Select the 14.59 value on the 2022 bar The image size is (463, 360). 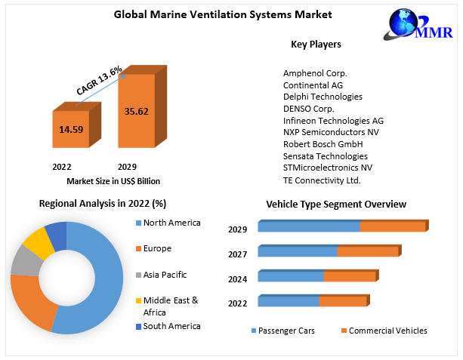(71, 130)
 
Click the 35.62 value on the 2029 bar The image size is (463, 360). (136, 111)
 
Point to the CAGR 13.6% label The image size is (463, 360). (99, 80)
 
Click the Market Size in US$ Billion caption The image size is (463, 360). (113, 181)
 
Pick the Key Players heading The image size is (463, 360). (316, 44)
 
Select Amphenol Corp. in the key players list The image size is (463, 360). (315, 73)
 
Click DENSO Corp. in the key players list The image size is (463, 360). (310, 109)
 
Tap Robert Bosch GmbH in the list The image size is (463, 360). (323, 144)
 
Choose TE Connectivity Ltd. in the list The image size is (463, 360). (322, 180)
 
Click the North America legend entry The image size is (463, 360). (172, 223)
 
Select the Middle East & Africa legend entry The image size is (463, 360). (171, 306)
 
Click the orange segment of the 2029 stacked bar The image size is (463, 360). (391, 226)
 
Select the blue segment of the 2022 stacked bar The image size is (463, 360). (289, 302)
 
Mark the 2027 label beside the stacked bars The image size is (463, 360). (238, 254)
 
